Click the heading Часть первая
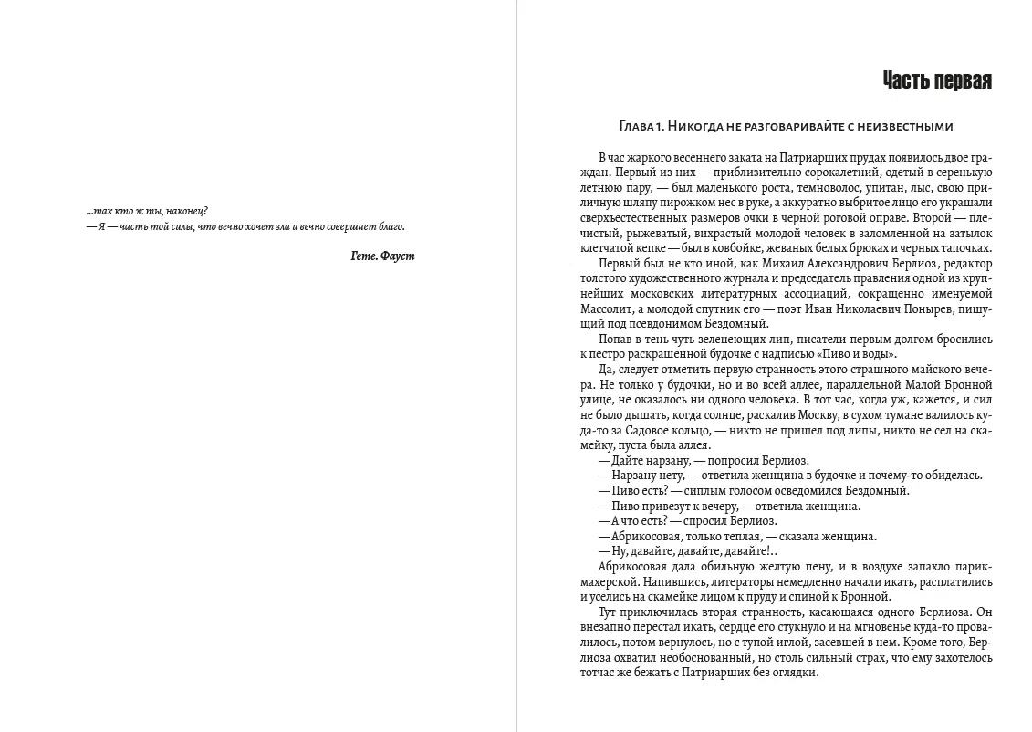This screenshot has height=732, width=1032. point(937,81)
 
